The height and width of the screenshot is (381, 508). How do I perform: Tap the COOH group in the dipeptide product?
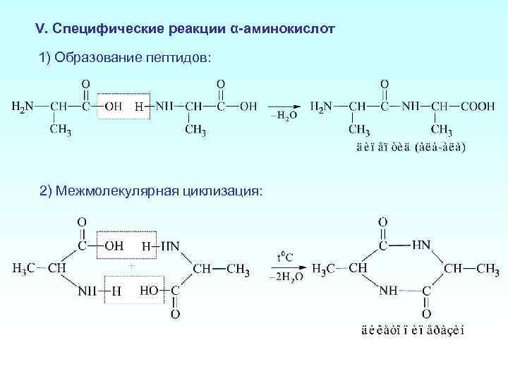[x=478, y=107]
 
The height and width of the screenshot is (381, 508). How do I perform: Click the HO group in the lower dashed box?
[x=150, y=290]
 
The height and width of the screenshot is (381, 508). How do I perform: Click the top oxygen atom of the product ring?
[x=382, y=222]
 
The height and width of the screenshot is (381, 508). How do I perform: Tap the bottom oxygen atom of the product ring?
[x=427, y=313]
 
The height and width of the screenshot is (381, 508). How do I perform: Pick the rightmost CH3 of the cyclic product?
[x=488, y=269]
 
